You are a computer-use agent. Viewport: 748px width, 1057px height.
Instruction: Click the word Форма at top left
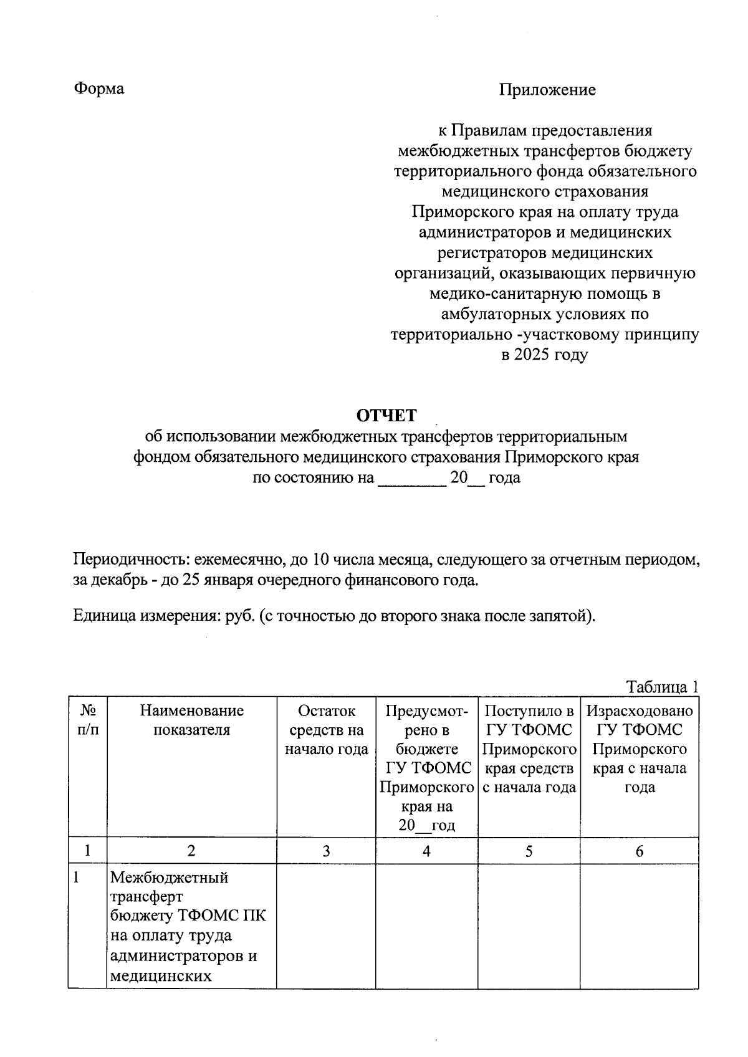pyautogui.click(x=99, y=88)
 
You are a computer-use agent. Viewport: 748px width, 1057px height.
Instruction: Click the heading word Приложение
pyautogui.click(x=547, y=90)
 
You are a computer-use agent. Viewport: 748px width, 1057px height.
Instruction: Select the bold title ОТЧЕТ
pyautogui.click(x=386, y=415)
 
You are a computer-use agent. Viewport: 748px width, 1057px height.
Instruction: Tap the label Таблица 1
pyautogui.click(x=662, y=687)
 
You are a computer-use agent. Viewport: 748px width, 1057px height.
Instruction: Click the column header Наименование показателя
pyautogui.click(x=191, y=720)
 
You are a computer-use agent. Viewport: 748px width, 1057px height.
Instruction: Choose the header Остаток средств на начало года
pyautogui.click(x=326, y=729)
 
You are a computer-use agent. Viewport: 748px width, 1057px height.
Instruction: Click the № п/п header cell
pyautogui.click(x=87, y=720)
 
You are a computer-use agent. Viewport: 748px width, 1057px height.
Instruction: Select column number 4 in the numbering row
pyautogui.click(x=426, y=851)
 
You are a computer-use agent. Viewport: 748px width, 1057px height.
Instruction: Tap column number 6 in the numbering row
pyautogui.click(x=639, y=851)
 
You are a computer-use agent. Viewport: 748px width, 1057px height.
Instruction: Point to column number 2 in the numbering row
pyautogui.click(x=191, y=851)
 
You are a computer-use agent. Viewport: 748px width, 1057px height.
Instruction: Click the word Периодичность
pyautogui.click(x=128, y=560)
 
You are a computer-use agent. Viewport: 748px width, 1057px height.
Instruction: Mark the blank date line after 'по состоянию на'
pyautogui.click(x=411, y=480)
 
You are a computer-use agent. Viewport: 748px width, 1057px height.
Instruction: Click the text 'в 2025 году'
pyautogui.click(x=545, y=355)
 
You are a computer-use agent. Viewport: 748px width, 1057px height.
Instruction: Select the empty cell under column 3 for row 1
pyautogui.click(x=326, y=925)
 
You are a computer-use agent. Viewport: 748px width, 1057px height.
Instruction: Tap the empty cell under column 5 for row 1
pyautogui.click(x=529, y=925)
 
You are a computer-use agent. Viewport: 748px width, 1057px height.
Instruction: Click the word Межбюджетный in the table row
pyautogui.click(x=169, y=878)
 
